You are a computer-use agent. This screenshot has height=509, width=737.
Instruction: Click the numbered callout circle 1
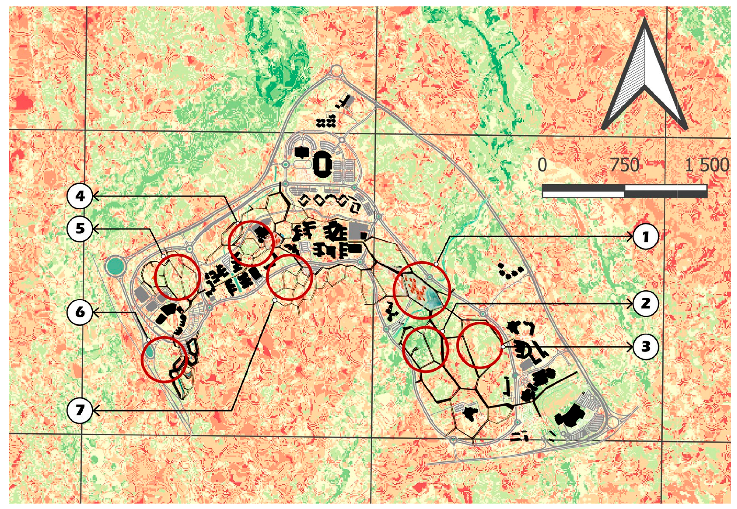pyautogui.click(x=645, y=237)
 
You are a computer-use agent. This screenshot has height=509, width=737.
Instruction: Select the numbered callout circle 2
pyautogui.click(x=645, y=303)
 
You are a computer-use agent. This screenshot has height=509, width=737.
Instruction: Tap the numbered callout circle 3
pyautogui.click(x=645, y=346)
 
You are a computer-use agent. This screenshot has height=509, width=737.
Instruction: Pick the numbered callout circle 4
pyautogui.click(x=80, y=196)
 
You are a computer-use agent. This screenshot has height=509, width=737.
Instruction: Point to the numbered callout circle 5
pyautogui.click(x=80, y=229)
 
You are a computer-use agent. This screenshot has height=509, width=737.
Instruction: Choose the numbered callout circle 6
pyautogui.click(x=80, y=312)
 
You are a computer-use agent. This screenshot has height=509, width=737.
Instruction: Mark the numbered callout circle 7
pyautogui.click(x=80, y=410)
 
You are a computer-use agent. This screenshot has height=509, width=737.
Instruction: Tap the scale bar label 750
pyautogui.click(x=624, y=165)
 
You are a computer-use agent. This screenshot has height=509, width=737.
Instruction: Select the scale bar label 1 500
pyautogui.click(x=707, y=165)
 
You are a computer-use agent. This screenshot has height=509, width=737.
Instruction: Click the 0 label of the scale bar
pyautogui.click(x=543, y=165)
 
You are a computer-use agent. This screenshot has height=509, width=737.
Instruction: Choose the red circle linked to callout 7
pyautogui.click(x=290, y=277)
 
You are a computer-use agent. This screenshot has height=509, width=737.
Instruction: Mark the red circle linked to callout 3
pyautogui.click(x=479, y=345)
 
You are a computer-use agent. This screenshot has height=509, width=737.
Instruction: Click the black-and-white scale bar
pyautogui.click(x=624, y=191)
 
